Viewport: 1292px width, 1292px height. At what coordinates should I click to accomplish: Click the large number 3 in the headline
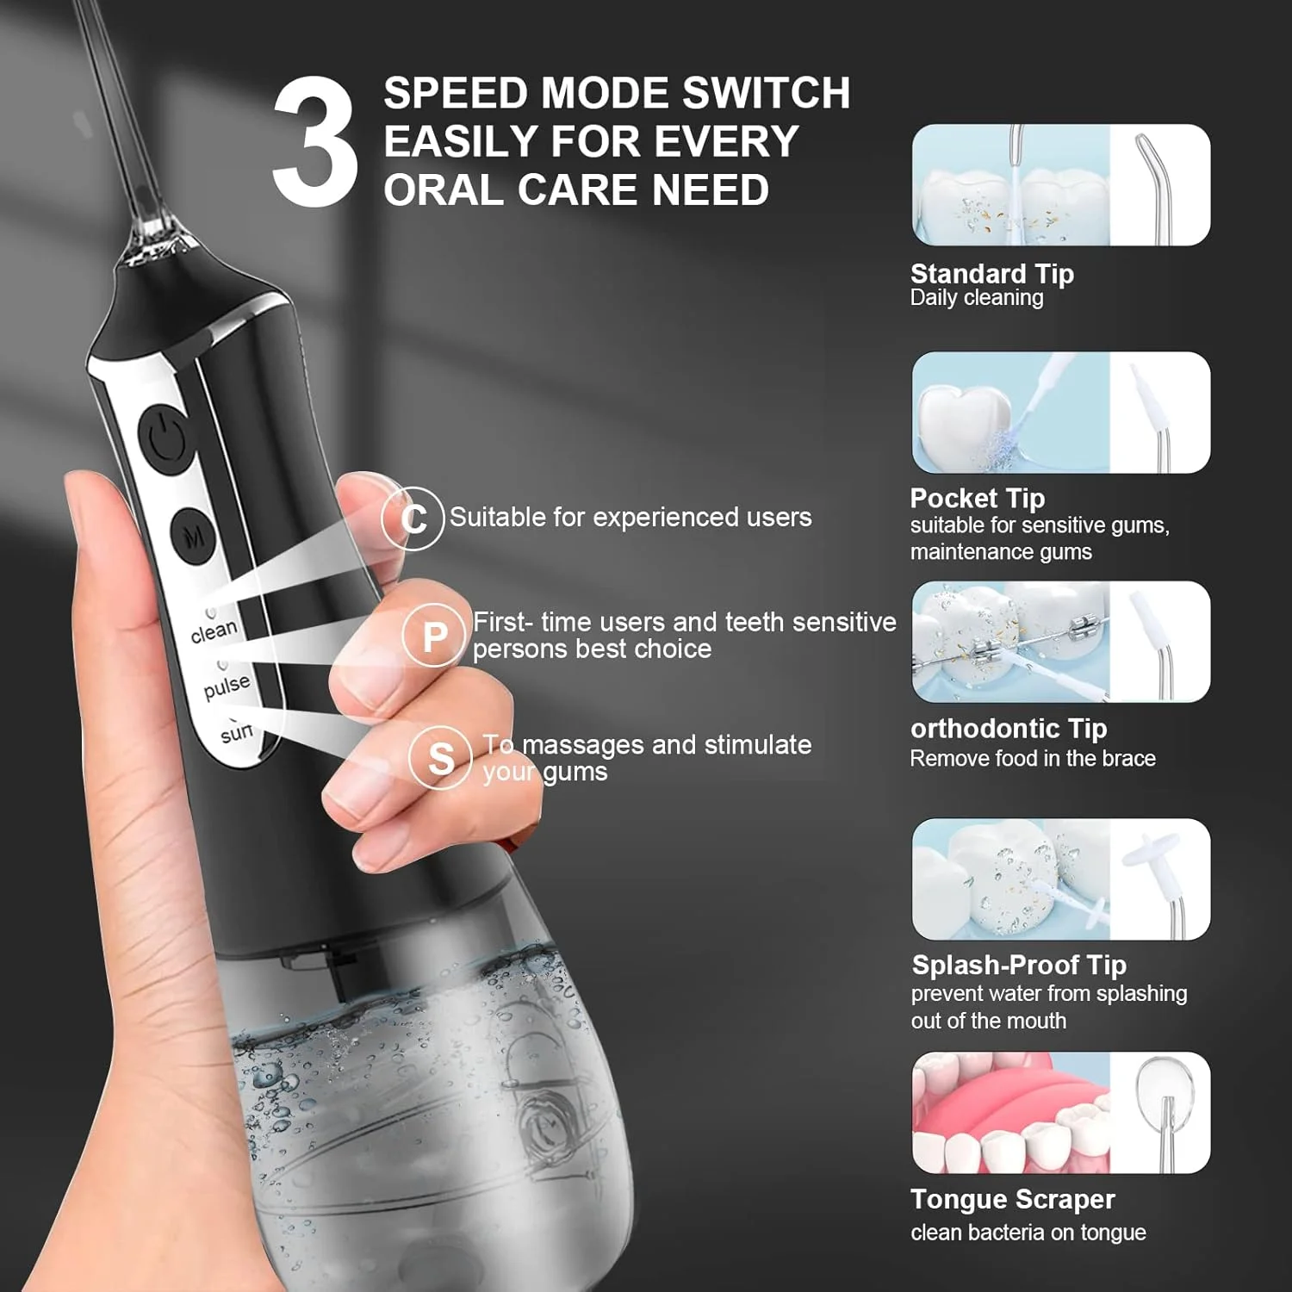click(314, 141)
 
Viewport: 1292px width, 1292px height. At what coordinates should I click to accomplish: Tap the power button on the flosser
click(165, 438)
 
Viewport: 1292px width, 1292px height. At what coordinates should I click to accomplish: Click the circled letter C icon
click(413, 518)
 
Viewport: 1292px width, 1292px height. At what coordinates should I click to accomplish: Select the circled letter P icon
click(434, 636)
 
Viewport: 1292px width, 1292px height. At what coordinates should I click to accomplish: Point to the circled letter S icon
click(440, 758)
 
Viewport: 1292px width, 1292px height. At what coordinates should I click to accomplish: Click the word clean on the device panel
click(214, 631)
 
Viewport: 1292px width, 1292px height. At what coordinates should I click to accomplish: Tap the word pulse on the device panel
click(227, 686)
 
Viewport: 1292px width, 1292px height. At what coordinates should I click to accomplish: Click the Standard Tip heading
click(992, 274)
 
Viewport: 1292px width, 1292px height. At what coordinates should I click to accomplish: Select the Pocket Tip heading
click(978, 498)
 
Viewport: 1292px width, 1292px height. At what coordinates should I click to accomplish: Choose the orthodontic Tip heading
click(1009, 729)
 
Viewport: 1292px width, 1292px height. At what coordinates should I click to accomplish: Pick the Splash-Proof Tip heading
click(1019, 965)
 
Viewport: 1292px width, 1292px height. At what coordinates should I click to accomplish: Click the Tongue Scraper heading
click(1013, 1199)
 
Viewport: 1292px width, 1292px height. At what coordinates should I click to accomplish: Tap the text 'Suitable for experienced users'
click(630, 517)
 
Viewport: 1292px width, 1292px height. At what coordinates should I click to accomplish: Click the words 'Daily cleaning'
click(977, 298)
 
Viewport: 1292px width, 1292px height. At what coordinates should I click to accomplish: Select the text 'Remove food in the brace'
click(1033, 758)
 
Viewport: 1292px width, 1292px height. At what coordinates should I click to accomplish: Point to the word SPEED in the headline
click(455, 93)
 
